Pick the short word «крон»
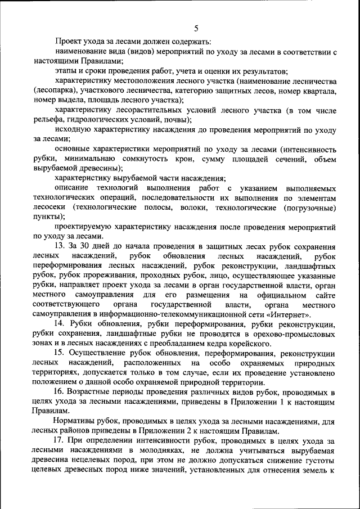[x=168, y=160]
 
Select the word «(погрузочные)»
[x=309, y=208]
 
